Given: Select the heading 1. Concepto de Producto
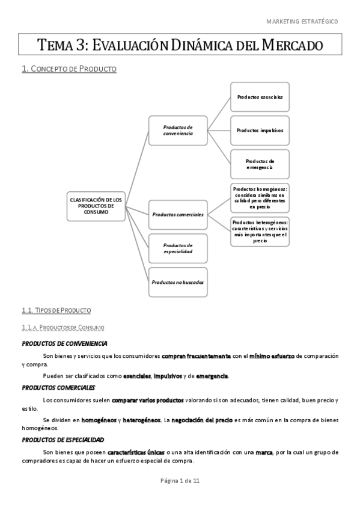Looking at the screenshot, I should pos(69,69).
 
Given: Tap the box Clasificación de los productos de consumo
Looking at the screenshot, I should pos(96,206).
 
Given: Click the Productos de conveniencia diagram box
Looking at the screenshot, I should pos(178,131).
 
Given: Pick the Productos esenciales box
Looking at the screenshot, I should pos(260,97).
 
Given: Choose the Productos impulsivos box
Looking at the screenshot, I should pos(260,130).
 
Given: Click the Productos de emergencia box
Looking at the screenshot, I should pos(260,164).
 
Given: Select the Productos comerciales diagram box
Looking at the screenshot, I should pos(178,214).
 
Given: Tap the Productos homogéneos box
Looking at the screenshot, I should pos(260,197).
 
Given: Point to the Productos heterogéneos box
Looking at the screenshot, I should pos(260,232).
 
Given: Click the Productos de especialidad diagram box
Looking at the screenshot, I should pos(178,248).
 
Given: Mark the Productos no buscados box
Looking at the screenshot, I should pos(178,282).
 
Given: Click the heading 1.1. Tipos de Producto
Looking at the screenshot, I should pos(56,310).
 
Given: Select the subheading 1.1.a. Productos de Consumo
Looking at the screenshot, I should pos(63,327).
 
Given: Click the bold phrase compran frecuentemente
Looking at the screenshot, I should pos(196,356).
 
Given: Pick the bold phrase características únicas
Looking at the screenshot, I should pos(136,452).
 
